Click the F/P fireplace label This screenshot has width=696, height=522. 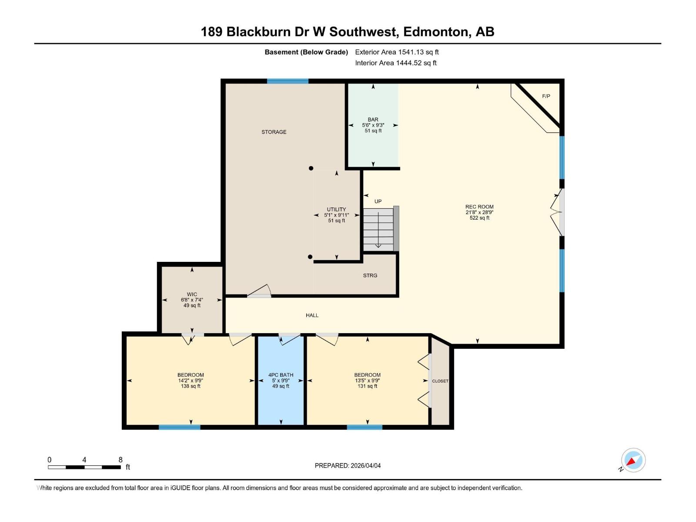coord(546,96)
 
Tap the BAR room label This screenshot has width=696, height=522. coord(373,120)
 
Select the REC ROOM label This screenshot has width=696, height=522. coord(479,207)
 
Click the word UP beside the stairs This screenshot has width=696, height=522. coord(378,201)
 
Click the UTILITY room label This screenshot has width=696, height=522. coord(336,210)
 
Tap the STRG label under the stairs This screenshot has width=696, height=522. coord(370,275)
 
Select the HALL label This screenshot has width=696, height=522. coord(312,315)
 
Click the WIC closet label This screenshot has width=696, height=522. coord(192,294)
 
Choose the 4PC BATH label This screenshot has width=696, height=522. coord(281,375)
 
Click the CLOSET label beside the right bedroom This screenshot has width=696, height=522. coord(440,381)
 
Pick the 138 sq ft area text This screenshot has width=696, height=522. coord(191,386)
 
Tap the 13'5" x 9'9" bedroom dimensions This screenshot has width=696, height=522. coord(367,381)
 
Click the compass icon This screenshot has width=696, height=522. coord(633,460)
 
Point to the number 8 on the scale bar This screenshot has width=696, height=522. coord(120,460)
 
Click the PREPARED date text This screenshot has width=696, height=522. coord(348,465)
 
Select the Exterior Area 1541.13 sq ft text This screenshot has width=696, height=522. coord(397,52)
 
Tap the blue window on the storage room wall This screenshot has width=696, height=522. coord(288,81)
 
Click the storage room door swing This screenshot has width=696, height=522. coord(260,291)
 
